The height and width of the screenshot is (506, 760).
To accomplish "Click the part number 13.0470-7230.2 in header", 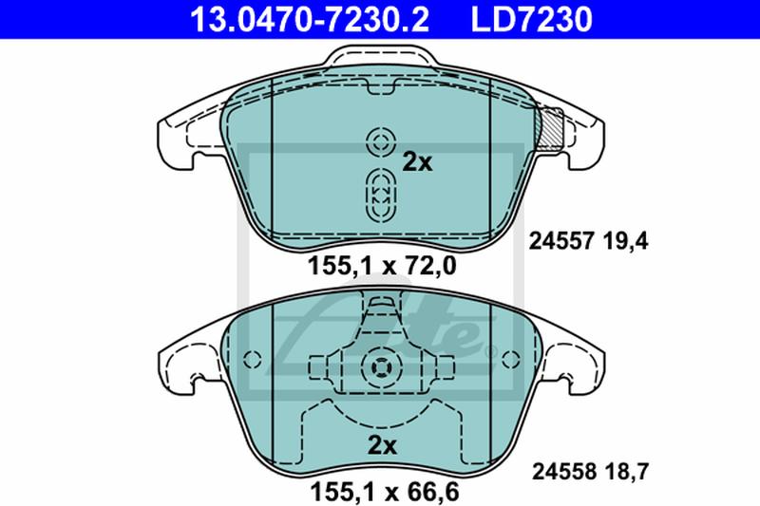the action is pos(310,19).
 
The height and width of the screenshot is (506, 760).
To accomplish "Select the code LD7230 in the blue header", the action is pos(531,19).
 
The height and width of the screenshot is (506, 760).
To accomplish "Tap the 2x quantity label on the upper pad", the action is pos(417,162).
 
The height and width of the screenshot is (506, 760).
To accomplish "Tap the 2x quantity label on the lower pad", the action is pos(382,445).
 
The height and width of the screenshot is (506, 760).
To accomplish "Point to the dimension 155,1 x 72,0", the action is pos(382,266).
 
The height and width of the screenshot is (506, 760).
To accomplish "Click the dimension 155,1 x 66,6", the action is pos(385,493).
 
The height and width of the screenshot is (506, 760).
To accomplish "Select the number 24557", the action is pos(560,241).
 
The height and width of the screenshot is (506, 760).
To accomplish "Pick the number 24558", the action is pos(564,471).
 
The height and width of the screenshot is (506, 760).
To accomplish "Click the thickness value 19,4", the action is pos(625,241).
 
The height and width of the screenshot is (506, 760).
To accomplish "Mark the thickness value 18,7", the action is pos(626,471).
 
